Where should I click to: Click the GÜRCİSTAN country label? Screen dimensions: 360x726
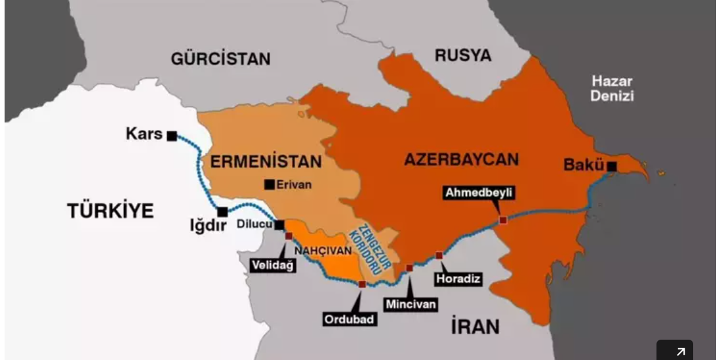[x=220, y=58]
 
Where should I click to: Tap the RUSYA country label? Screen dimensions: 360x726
[x=463, y=56]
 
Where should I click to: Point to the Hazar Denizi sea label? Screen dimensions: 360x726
[x=612, y=89]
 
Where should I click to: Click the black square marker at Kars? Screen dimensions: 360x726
[x=172, y=136]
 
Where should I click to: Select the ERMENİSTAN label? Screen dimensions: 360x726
[x=266, y=161]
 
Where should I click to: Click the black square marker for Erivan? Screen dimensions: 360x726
[x=269, y=185]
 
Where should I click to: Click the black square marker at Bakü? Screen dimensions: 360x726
[x=611, y=167]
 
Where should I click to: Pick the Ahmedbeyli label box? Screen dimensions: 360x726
[x=479, y=193]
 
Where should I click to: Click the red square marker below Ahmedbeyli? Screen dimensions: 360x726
[x=503, y=220]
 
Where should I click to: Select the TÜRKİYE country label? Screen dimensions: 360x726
[x=110, y=210]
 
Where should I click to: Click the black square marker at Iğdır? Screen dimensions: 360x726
[x=223, y=212]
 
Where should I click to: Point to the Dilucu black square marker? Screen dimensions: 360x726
[x=279, y=225]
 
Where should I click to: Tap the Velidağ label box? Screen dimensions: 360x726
[x=273, y=265]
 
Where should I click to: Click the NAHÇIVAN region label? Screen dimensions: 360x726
[x=323, y=250]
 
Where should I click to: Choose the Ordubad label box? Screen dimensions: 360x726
[x=350, y=319]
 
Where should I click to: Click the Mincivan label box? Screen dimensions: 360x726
[x=411, y=304]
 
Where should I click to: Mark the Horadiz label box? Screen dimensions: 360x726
[x=458, y=279]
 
